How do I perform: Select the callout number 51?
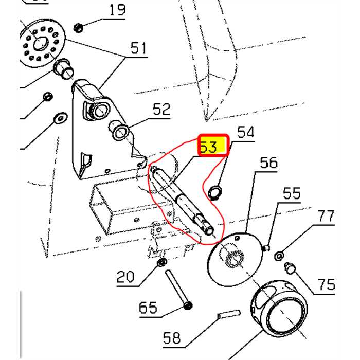click(x=138, y=49)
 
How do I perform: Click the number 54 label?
click(x=245, y=132)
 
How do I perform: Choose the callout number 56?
click(x=268, y=163)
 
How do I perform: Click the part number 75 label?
click(x=327, y=284)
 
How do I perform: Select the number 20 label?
click(x=125, y=277)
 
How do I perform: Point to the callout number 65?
click(x=148, y=308)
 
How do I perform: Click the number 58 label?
click(x=172, y=338)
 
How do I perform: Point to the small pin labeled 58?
click(x=228, y=313)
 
